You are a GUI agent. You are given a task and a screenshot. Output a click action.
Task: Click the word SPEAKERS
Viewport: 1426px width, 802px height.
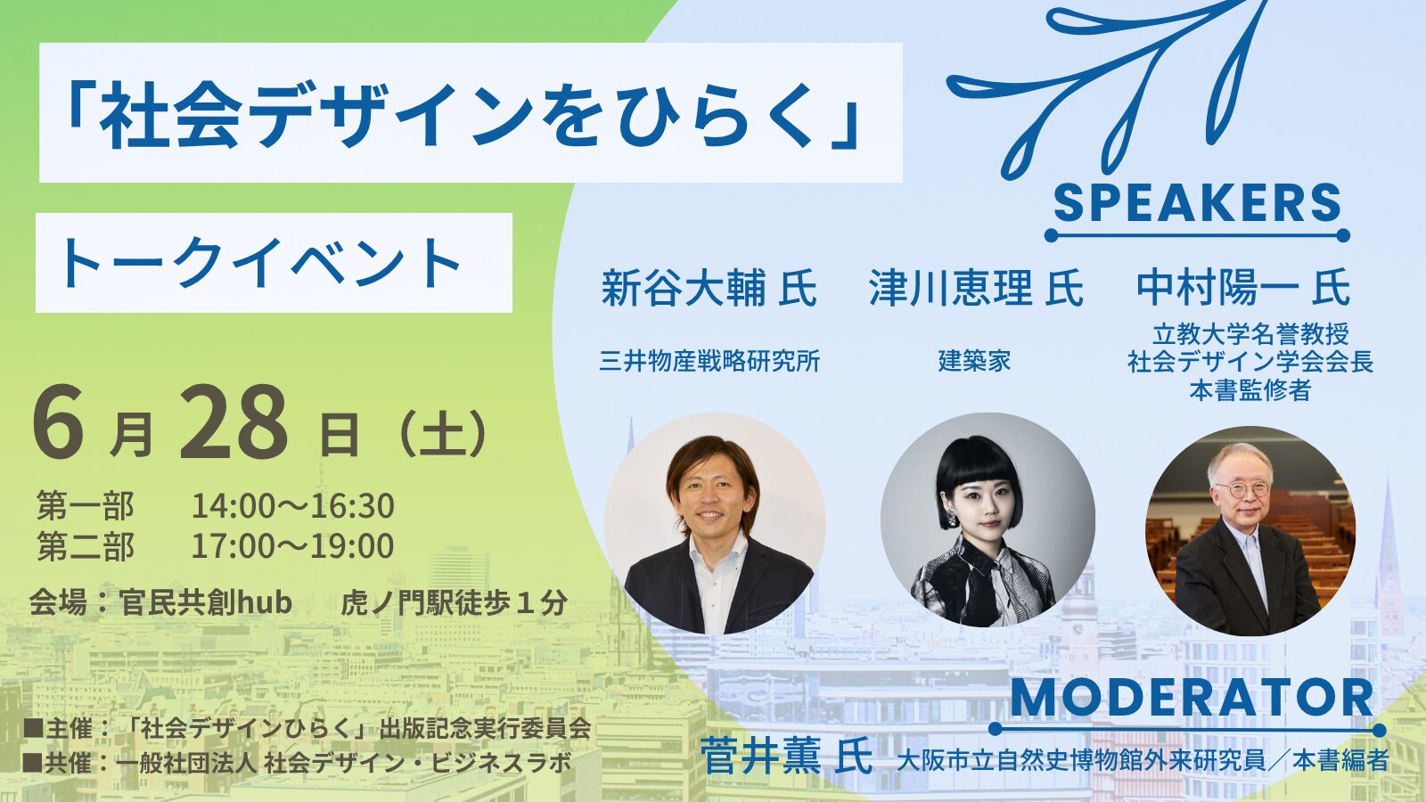[1198, 203]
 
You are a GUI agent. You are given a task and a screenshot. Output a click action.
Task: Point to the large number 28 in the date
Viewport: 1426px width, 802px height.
[234, 422]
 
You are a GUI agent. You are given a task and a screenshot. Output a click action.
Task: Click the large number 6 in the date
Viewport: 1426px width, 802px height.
[58, 422]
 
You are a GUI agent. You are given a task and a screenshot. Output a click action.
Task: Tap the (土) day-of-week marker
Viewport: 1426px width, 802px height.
[440, 436]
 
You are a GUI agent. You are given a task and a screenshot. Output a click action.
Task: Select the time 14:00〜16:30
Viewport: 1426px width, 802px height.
[293, 506]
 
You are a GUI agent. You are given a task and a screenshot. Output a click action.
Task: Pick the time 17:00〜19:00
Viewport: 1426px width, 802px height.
[293, 545]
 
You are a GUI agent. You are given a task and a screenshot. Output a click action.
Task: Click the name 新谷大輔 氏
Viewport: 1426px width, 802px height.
[709, 289]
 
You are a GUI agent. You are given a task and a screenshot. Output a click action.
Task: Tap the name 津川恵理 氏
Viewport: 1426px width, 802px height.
[976, 289]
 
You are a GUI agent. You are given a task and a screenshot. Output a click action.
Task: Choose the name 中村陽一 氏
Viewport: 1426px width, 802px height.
[1243, 289]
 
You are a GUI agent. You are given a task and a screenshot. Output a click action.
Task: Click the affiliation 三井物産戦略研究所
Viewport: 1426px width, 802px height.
[709, 362]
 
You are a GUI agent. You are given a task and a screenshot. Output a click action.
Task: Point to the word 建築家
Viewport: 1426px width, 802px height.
[975, 362]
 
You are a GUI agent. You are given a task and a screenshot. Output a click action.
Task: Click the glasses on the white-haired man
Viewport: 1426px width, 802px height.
[1242, 489]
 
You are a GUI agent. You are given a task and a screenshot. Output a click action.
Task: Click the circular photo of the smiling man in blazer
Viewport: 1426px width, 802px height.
[715, 524]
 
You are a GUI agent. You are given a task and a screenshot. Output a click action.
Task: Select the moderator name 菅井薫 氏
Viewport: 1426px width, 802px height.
[786, 757]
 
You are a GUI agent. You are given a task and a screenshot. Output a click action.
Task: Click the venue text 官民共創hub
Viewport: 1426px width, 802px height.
[205, 601]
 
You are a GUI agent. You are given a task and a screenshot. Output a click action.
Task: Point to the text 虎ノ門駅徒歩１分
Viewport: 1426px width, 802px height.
[454, 602]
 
